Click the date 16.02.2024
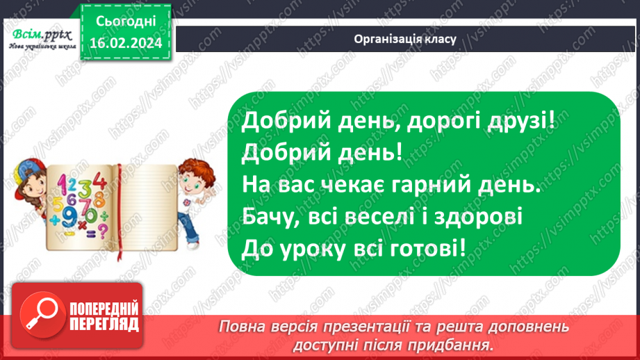tap(126, 42)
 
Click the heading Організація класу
tap(404, 39)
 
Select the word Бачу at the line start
tap(271, 217)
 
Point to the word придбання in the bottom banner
tap(456, 344)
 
